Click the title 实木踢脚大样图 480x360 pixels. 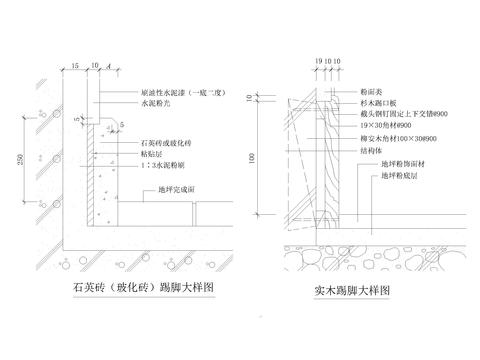tap(349, 290)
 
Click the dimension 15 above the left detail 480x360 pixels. tap(77, 66)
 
